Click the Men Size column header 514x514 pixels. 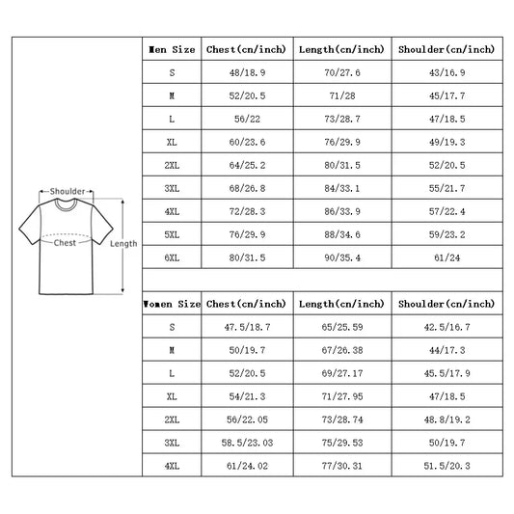pos(172,49)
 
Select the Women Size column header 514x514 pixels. pos(172,304)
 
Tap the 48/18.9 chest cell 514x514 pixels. pos(247,72)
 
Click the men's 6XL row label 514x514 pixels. pos(172,257)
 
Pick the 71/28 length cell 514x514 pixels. pos(342,95)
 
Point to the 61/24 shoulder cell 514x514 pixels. pos(446,257)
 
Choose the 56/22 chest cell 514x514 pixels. pos(247,119)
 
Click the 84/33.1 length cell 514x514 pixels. pos(342,188)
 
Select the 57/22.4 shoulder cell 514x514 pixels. pos(446,211)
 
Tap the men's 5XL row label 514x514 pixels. pos(172,234)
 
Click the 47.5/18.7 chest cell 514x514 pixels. pos(247,327)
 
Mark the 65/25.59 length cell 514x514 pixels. pos(342,327)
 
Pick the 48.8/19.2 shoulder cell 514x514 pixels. pos(446,419)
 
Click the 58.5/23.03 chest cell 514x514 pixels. pos(247,443)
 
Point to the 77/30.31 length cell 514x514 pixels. pos(342,466)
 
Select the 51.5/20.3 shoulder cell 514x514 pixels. pos(446,466)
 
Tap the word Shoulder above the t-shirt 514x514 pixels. pos(68,191)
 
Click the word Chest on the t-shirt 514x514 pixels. pos(65,243)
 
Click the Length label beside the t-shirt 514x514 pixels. pos(123,244)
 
